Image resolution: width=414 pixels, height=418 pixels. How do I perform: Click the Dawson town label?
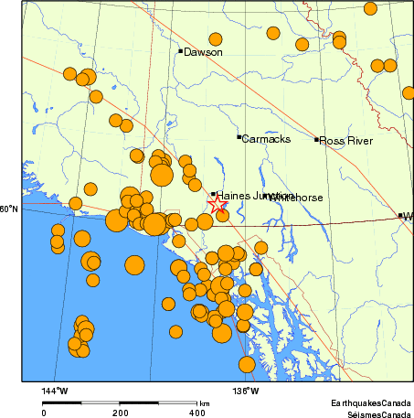(x=203, y=52)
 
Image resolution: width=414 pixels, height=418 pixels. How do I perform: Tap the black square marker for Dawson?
(x=181, y=50)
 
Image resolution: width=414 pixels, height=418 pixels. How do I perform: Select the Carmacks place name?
(x=266, y=139)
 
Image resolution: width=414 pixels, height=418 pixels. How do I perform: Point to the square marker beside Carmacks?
(x=239, y=137)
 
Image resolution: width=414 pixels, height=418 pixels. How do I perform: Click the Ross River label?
(x=346, y=141)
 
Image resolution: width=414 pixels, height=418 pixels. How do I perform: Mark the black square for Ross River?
(x=317, y=140)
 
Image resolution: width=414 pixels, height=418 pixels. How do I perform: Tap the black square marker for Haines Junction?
(x=214, y=194)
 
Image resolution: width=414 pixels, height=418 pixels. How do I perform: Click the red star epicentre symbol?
(x=217, y=205)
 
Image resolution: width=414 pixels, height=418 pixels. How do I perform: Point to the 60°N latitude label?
(x=9, y=209)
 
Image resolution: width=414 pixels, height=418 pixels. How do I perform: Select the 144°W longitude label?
(x=55, y=391)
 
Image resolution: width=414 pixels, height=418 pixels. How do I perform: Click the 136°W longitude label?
(x=246, y=391)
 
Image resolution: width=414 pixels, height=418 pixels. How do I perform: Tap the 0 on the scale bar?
(x=44, y=413)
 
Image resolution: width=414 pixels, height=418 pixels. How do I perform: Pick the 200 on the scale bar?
(x=120, y=413)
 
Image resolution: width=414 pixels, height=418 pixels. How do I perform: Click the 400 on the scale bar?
(x=196, y=413)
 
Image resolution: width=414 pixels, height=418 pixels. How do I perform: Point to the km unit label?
(x=205, y=402)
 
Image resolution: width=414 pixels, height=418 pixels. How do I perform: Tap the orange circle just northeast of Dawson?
(x=216, y=39)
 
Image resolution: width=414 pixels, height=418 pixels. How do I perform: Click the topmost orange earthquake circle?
(x=370, y=8)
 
